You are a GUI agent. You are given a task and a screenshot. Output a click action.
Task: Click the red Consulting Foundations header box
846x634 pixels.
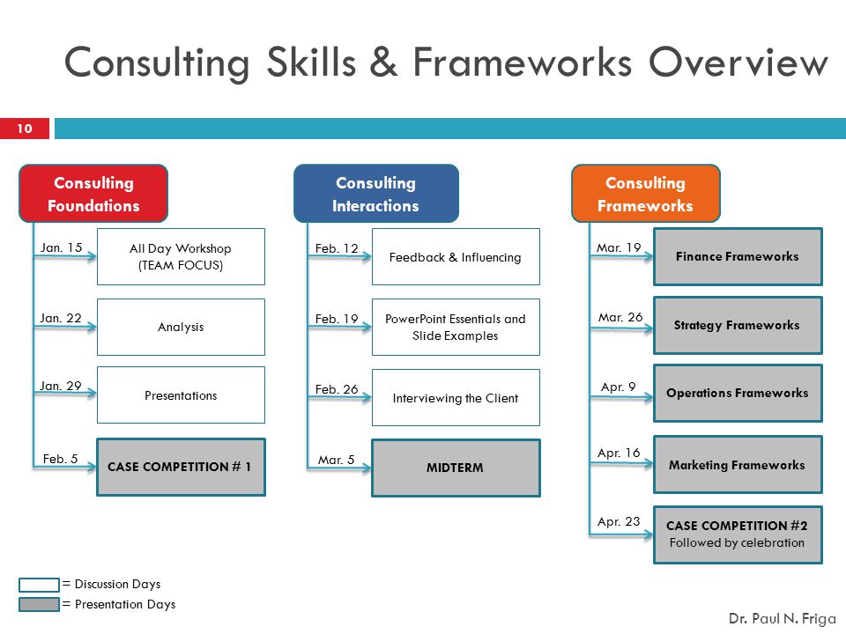coord(93,194)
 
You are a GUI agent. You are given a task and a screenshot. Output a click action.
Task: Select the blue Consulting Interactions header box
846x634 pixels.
coord(376,194)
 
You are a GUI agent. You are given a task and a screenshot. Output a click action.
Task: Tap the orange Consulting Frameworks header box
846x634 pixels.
coord(646,194)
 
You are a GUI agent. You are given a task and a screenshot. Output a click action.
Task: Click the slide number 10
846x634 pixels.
coord(25,129)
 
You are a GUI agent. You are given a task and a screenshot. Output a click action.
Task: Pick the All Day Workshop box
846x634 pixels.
coord(181,256)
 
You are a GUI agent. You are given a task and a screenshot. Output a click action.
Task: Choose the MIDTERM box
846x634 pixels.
coord(456,468)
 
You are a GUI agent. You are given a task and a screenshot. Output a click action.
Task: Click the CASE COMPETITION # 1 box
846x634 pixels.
coord(181,467)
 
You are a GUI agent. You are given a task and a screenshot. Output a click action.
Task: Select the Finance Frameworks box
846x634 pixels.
coord(738,256)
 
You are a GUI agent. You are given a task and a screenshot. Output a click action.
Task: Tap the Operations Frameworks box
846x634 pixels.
coord(738,393)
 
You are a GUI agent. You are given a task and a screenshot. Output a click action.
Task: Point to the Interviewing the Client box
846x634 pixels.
coord(456,398)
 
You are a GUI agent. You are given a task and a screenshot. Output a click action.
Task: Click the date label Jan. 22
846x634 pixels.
coord(61,318)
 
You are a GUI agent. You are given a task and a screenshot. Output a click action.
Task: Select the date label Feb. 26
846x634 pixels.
coord(337,389)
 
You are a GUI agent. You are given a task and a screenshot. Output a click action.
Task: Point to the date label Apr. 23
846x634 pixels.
coord(619,522)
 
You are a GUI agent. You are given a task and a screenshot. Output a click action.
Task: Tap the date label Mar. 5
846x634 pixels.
coord(336,460)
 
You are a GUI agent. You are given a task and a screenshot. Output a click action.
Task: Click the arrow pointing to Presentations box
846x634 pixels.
coord(64,393)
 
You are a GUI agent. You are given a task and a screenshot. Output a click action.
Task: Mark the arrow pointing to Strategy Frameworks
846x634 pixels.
coord(621,328)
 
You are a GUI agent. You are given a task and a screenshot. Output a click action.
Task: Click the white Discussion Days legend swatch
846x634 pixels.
coord(39,585)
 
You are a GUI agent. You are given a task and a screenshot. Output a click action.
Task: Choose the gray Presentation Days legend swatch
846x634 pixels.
coord(39,604)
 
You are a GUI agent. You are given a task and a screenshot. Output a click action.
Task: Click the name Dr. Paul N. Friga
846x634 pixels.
coord(782,619)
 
